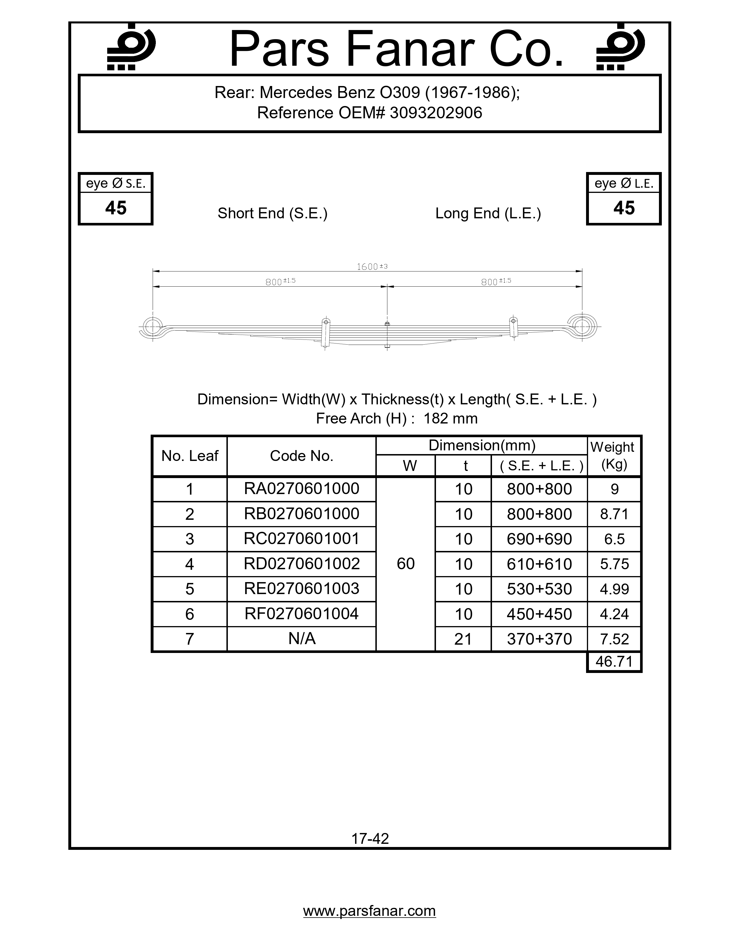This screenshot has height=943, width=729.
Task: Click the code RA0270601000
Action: [x=301, y=489]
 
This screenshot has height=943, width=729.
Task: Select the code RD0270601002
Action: [x=301, y=564]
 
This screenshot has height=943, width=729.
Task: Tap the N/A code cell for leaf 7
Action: [x=301, y=639]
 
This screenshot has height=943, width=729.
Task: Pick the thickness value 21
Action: [x=463, y=639]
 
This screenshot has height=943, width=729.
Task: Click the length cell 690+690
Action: [x=539, y=539]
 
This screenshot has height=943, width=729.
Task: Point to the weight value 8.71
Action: [x=614, y=514]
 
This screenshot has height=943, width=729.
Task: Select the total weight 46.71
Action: [x=614, y=662]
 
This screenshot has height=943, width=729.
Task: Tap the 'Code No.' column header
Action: [x=301, y=456]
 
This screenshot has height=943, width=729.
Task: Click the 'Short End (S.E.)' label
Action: [x=272, y=213]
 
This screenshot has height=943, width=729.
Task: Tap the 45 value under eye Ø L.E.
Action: [x=624, y=208]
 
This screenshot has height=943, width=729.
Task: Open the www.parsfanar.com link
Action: [x=369, y=911]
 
